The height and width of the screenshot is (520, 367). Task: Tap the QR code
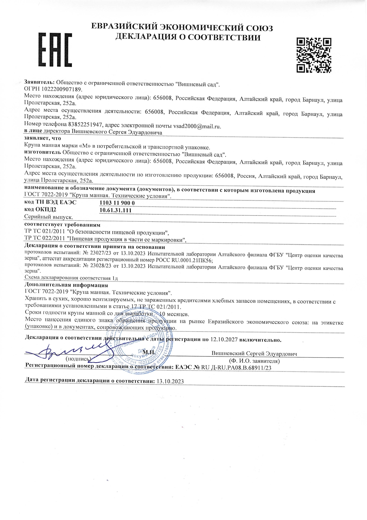click(314, 55)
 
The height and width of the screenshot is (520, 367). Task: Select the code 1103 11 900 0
click(117, 203)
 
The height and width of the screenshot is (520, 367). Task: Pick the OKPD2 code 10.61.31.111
click(115, 210)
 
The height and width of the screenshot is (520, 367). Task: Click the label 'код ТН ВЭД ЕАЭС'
click(50, 203)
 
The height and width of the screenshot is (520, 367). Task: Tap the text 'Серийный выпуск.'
click(49, 217)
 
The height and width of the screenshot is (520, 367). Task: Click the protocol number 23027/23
click(100, 254)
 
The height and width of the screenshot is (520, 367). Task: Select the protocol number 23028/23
click(100, 266)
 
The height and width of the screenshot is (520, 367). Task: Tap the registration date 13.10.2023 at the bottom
click(170, 382)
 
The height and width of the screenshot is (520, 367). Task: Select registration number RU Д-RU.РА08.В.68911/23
click(236, 368)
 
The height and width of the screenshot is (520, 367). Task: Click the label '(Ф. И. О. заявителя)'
click(254, 361)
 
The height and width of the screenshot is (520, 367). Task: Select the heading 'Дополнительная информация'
click(66, 285)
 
